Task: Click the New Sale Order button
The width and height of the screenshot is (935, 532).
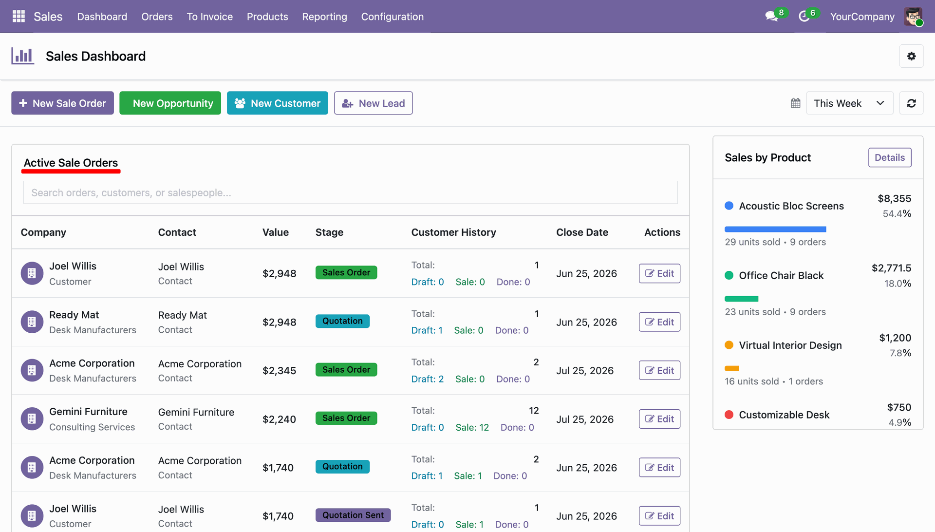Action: coord(62,103)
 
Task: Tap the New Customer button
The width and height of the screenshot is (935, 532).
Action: coord(278,103)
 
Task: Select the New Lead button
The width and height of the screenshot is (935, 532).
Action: coord(374,103)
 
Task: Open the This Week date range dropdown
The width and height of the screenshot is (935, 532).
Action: coord(849,103)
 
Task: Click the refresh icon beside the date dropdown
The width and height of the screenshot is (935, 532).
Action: coord(912,103)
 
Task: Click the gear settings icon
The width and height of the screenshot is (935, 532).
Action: coord(912,57)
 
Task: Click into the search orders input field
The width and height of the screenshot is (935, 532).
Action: coord(351,193)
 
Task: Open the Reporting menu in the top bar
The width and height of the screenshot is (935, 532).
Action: coord(325,17)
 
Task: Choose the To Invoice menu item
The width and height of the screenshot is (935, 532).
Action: coord(210,17)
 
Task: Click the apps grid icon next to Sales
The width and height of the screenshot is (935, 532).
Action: coord(19,17)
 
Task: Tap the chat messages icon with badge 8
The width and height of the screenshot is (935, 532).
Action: coord(772,17)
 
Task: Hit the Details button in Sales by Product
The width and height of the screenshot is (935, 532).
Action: coord(890,158)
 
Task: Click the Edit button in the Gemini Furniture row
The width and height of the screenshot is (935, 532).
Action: coord(659,419)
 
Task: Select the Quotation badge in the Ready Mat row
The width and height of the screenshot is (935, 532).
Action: coord(342,321)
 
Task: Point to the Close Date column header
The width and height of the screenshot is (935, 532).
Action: coord(582,232)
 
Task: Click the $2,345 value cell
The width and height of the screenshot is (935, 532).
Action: coord(280,371)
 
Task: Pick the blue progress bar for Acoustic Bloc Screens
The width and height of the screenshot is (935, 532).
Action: coord(775,229)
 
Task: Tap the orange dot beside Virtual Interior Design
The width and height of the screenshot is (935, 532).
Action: coord(729,345)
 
